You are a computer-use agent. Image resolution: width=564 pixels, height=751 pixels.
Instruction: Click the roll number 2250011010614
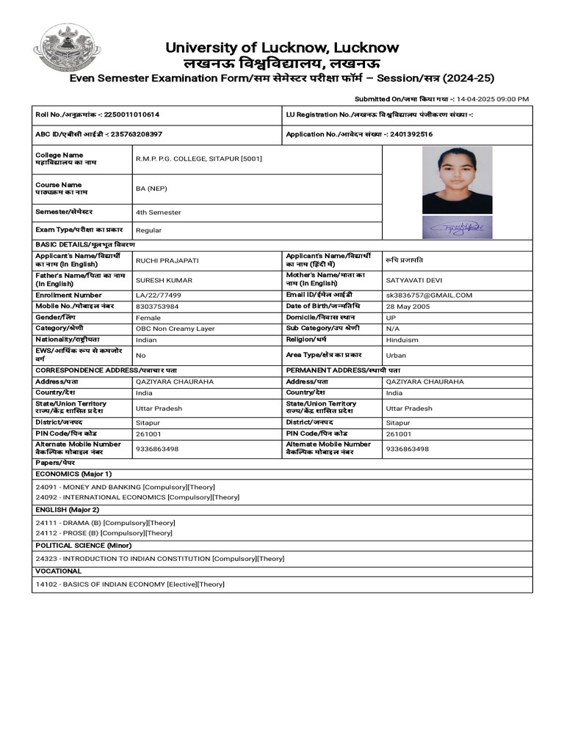[x=131, y=115]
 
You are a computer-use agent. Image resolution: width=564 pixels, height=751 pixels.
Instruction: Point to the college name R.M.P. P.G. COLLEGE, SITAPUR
[x=198, y=159]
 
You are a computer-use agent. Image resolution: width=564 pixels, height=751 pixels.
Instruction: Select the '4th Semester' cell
[x=158, y=213]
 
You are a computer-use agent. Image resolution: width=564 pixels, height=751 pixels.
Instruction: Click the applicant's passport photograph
[x=457, y=180]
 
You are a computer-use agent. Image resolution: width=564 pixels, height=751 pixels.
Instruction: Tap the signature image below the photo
[x=457, y=227]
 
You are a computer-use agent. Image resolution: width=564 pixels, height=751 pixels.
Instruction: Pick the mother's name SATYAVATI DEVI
[x=415, y=279]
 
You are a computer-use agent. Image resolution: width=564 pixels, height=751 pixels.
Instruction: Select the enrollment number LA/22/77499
[x=158, y=295]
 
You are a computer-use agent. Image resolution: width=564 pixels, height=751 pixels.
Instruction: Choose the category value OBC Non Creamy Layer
[x=175, y=329]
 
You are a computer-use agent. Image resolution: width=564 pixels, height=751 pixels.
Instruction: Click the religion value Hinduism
[x=402, y=340]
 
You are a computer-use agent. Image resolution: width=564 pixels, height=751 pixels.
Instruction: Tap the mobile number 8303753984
[x=156, y=306]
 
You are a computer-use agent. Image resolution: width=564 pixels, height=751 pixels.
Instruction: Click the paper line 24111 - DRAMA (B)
[x=105, y=523]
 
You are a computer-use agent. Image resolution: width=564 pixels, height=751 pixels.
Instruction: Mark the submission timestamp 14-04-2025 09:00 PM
[x=492, y=99]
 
